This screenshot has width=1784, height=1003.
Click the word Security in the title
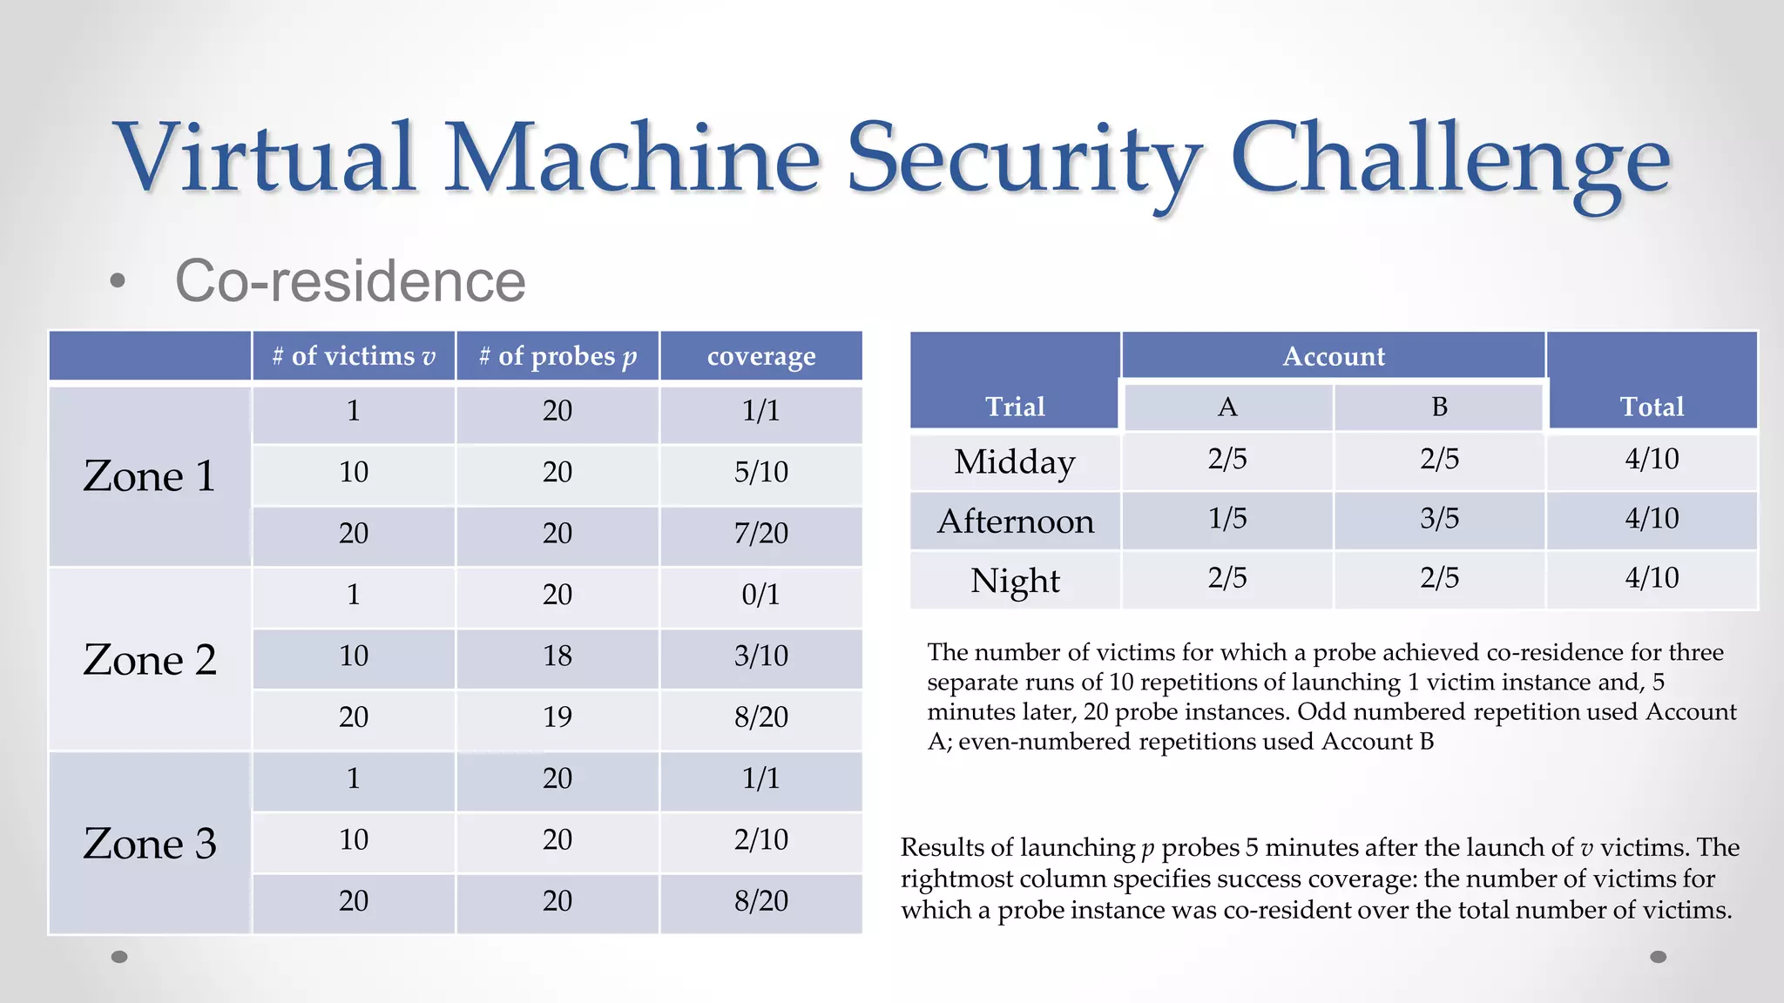coord(1024,158)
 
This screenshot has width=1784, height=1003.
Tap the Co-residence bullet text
coord(350,281)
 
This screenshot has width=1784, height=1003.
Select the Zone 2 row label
coord(150,660)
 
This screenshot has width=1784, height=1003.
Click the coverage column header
coord(761,356)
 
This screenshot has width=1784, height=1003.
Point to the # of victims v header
coord(354,356)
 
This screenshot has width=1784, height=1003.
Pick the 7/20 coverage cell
coord(761,533)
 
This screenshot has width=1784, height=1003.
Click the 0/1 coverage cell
coord(761,595)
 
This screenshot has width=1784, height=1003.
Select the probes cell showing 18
coord(557,656)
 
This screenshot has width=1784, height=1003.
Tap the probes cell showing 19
coord(557,717)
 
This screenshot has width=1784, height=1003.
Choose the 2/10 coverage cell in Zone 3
coord(761,839)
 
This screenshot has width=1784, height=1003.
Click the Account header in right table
coord(1334,356)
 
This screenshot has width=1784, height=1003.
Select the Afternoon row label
coord(1016,522)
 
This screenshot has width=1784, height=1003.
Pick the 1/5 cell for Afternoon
coord(1227,519)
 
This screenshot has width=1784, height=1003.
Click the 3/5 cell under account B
coord(1440,519)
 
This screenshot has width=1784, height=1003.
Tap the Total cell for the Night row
coord(1652,578)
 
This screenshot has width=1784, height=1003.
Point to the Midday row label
coord(1016,461)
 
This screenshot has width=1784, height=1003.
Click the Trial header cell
coord(1016,407)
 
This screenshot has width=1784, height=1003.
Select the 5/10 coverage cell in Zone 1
coord(761,472)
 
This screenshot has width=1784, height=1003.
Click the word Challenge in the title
coord(1450,158)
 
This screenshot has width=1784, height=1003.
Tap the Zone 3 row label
coord(150,844)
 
